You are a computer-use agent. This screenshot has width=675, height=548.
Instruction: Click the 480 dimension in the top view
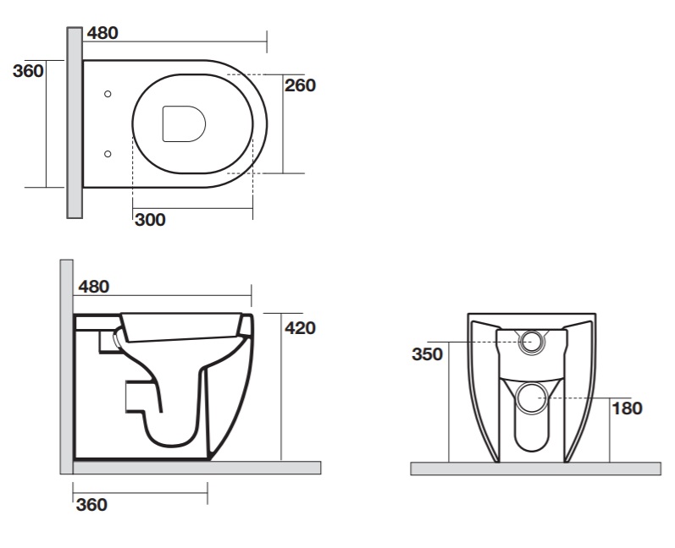[102, 33]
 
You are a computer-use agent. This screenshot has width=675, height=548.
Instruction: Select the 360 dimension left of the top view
[29, 71]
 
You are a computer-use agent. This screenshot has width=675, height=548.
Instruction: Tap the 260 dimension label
[300, 85]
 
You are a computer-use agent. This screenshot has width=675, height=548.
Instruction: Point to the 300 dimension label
[150, 220]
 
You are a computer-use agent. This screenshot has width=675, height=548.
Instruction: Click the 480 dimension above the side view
[94, 287]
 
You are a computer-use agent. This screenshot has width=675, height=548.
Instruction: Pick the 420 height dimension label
[300, 328]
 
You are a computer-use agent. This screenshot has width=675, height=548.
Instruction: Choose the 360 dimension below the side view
[91, 505]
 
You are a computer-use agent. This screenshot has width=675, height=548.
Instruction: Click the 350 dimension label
[427, 354]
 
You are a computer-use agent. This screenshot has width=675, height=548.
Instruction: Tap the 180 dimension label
[627, 408]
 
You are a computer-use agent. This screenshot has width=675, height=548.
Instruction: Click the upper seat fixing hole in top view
[108, 94]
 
